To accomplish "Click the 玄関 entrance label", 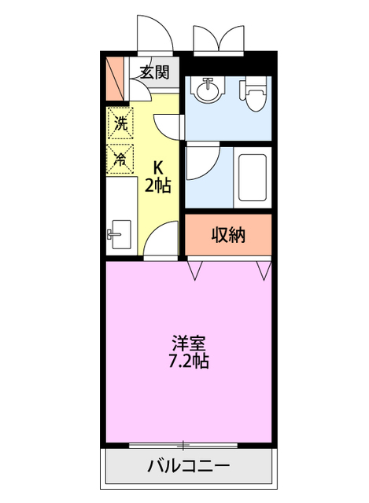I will [155, 73].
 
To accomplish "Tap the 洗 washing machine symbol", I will [120, 123].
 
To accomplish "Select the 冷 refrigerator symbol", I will [120, 158].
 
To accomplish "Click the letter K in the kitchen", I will [157, 167].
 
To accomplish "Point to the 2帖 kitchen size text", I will [157, 186].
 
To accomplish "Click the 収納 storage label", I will [228, 235].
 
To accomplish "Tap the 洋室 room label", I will [189, 343].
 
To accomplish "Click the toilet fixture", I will [253, 97].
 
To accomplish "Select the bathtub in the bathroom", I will [252, 177].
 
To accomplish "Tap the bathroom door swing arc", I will [200, 161].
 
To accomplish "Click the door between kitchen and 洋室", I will [162, 240].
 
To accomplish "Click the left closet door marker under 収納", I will [194, 270].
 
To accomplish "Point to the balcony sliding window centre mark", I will [183, 445].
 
